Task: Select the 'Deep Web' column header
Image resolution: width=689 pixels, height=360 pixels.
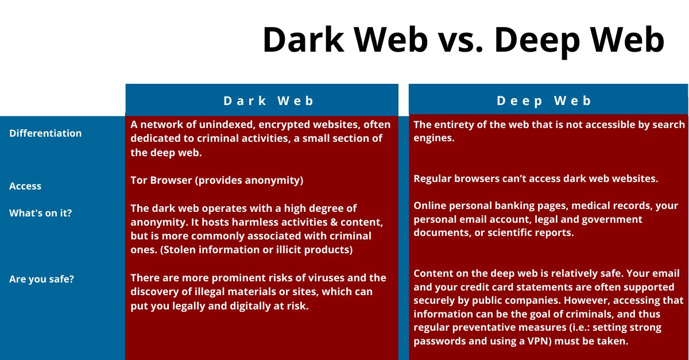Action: tap(544, 101)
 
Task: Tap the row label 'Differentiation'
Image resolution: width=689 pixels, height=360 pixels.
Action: tap(45, 133)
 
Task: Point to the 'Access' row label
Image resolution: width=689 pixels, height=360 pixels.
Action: tap(25, 186)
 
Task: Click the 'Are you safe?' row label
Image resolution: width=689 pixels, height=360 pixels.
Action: tap(41, 280)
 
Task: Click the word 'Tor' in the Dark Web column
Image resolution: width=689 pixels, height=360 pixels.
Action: tap(139, 180)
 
